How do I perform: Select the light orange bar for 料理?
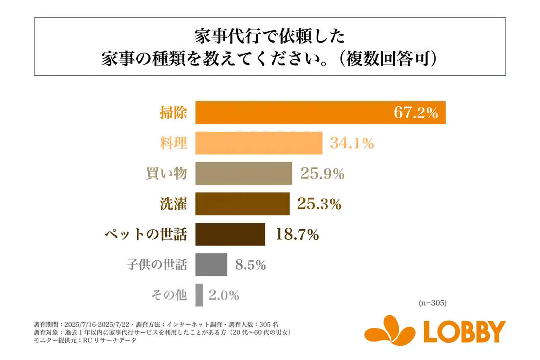259,143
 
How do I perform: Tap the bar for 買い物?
243,173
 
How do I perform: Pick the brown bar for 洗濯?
242,204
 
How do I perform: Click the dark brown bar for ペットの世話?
230,234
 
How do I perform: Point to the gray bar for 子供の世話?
211,265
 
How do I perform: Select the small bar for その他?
199,295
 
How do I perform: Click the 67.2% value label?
416,113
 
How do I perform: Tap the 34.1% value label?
351,143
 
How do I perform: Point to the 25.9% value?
322,174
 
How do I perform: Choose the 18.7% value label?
297,235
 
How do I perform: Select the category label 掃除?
173,113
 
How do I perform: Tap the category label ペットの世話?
146,235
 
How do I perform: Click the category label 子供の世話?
157,265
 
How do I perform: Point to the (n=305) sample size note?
432,303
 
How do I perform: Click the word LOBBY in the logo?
464,332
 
